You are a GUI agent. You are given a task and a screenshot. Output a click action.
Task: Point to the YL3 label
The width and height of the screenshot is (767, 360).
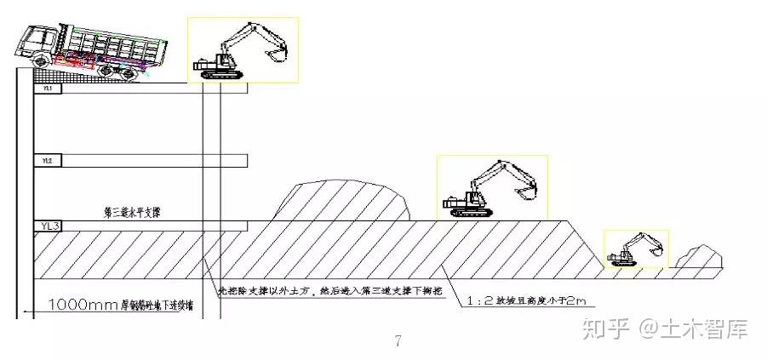pyautogui.click(x=49, y=226)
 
